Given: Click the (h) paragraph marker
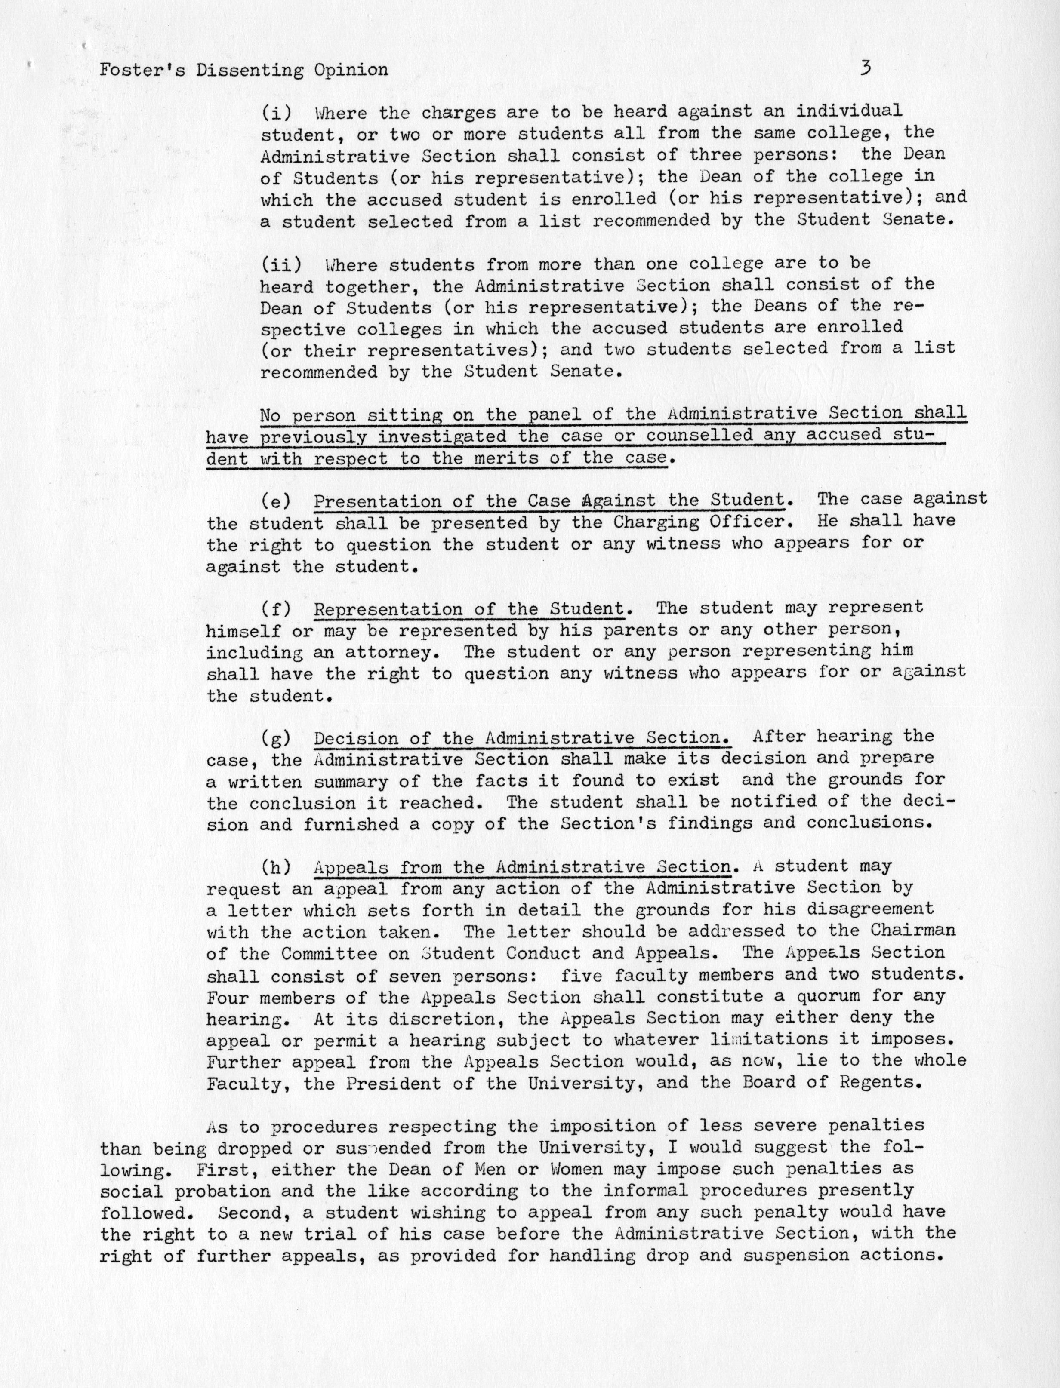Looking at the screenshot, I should (x=276, y=867).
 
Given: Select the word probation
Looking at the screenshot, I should (x=217, y=1191).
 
